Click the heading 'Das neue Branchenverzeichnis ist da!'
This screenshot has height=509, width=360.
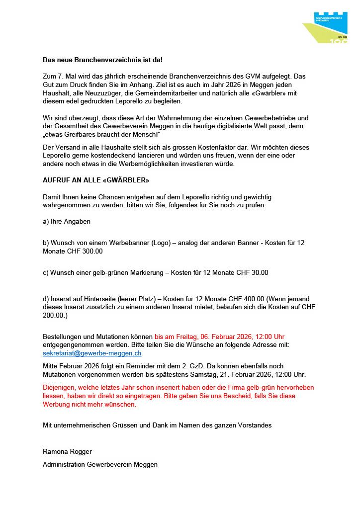(x=103, y=60)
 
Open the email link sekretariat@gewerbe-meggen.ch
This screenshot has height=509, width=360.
(x=92, y=353)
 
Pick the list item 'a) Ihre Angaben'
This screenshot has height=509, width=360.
(x=67, y=221)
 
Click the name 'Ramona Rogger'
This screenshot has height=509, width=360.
(x=67, y=452)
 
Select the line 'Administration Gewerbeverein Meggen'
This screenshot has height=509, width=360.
(x=100, y=464)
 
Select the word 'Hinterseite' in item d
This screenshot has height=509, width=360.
(x=100, y=298)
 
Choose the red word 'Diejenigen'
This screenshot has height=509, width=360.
(x=60, y=387)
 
